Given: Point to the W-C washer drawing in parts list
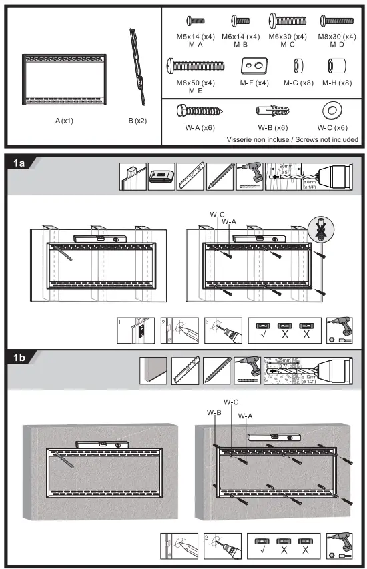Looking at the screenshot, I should pos(331,111).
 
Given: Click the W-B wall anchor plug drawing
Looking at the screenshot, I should pos(272,111).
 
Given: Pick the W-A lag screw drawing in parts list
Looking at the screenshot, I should pos(194,111).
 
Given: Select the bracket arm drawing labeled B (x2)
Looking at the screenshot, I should pos(139,65).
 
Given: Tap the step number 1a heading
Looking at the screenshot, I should pos(18,163).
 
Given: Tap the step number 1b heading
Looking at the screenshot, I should pos(18,358).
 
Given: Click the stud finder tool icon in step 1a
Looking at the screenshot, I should pos(161,176).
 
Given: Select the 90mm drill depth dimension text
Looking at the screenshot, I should pos(286,166).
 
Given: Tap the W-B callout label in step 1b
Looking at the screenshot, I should pos(214,412).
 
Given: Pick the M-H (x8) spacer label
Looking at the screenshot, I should pos(336,83).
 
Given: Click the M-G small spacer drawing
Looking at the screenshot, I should pos(298,67).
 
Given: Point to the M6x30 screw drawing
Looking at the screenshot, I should pos(288,23).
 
